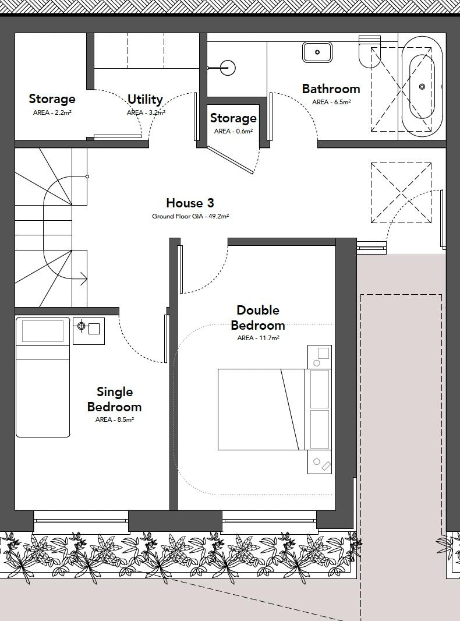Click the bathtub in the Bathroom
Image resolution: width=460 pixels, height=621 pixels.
pyautogui.click(x=418, y=86)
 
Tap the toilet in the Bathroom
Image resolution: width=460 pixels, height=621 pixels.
pyautogui.click(x=369, y=52)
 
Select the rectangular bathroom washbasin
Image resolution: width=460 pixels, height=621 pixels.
pyautogui.click(x=317, y=52)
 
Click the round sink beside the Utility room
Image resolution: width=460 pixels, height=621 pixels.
pyautogui.click(x=228, y=68)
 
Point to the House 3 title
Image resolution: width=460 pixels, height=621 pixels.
pyautogui.click(x=190, y=203)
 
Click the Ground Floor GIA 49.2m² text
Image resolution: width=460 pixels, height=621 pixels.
pyautogui.click(x=190, y=216)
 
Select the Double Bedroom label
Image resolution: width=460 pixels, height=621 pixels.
pyautogui.click(x=258, y=317)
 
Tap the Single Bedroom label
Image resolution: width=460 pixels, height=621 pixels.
pyautogui.click(x=114, y=399)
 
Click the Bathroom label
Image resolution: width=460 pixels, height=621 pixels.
pyautogui.click(x=331, y=89)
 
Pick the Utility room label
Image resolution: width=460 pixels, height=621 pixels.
pyautogui.click(x=145, y=99)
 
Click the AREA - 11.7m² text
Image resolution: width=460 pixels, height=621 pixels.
pyautogui.click(x=258, y=338)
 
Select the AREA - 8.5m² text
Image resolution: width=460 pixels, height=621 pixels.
pyautogui.click(x=114, y=419)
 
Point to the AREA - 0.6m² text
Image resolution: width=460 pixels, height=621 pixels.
pyautogui.click(x=233, y=131)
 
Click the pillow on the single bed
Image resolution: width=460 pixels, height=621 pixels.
pyautogui.click(x=43, y=331)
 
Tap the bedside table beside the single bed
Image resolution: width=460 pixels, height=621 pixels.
pyautogui.click(x=89, y=330)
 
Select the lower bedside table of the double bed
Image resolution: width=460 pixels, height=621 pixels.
pyautogui.click(x=320, y=463)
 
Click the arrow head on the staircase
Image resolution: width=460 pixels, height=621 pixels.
pyautogui.click(x=84, y=278)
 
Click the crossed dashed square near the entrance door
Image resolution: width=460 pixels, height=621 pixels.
pyautogui.click(x=401, y=192)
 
